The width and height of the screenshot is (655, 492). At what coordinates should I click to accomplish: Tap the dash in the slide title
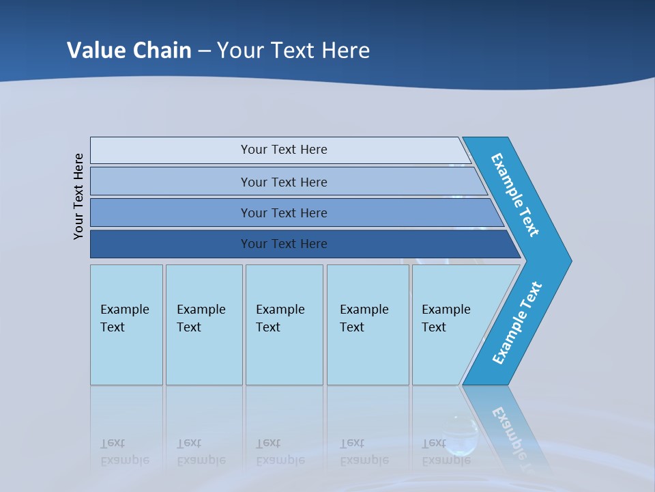point(204,51)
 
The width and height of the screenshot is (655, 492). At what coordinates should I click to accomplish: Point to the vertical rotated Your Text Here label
point(78,196)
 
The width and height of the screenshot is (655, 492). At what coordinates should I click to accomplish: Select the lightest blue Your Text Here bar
point(283,150)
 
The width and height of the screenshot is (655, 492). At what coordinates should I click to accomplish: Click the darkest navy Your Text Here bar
point(283,244)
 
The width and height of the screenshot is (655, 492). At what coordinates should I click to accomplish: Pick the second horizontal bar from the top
point(283,182)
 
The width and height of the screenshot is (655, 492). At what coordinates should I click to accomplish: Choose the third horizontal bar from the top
point(283,213)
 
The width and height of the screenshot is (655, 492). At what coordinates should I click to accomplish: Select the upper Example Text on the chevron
point(515,195)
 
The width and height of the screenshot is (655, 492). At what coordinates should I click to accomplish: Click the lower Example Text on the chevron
point(516,323)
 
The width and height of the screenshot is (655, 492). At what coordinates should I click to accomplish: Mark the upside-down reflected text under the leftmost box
point(125,452)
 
